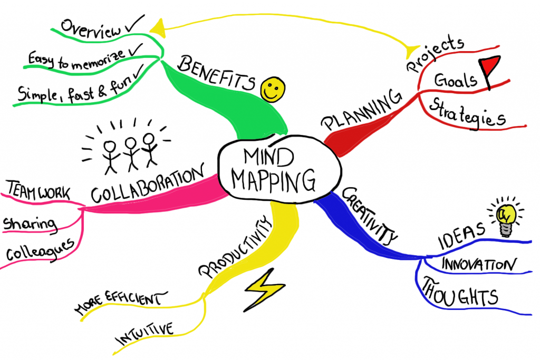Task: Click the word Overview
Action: point(90,28)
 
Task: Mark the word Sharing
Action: point(30,224)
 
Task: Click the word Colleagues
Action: point(40,250)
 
